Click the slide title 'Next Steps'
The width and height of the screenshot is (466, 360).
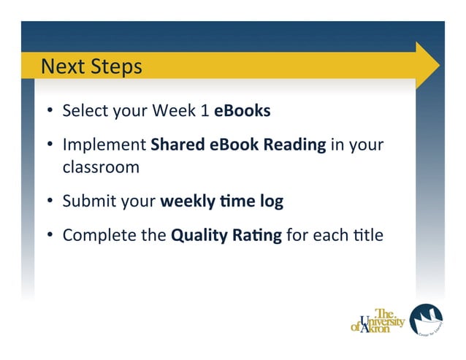pyautogui.click(x=91, y=67)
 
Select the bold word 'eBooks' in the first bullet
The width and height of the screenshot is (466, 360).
pyautogui.click(x=242, y=111)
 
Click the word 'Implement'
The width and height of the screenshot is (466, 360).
pyautogui.click(x=104, y=145)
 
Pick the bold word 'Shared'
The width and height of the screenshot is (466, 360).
pyautogui.click(x=177, y=145)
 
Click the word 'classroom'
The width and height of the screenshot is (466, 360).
pyautogui.click(x=101, y=167)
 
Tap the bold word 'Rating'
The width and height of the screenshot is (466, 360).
pyautogui.click(x=253, y=235)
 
